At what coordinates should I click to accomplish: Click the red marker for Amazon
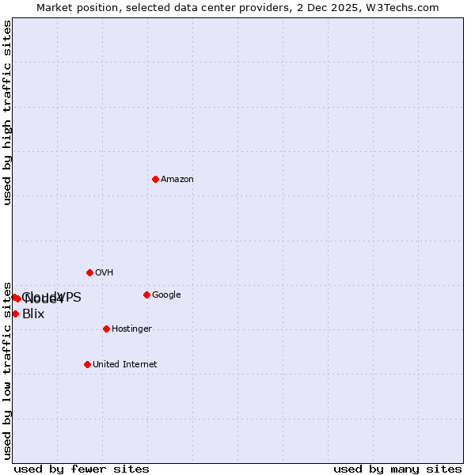(155, 179)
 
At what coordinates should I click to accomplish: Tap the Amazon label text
(177, 180)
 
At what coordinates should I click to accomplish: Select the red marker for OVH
(89, 272)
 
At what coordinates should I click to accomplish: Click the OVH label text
(104, 273)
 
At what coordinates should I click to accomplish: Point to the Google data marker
(146, 294)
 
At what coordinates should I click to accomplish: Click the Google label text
(166, 295)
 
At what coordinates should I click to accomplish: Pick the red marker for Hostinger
(106, 329)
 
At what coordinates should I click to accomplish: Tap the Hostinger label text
(131, 329)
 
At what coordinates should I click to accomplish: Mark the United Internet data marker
(87, 364)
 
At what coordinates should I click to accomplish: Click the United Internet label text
(124, 365)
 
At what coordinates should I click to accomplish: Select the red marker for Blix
(15, 313)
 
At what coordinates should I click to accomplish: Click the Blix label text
(33, 314)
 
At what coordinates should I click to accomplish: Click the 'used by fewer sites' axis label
(82, 469)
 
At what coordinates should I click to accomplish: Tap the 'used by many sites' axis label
(397, 469)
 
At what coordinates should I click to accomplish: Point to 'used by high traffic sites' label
(7, 112)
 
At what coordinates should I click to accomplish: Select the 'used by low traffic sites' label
(7, 370)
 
